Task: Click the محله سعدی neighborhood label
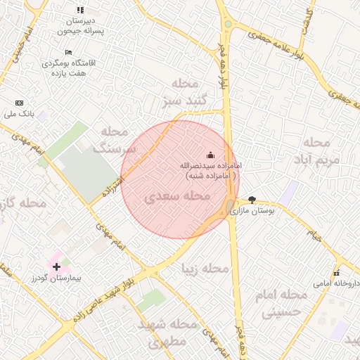click(x=178, y=198)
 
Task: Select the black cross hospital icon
click(x=56, y=266)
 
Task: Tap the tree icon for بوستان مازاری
click(x=252, y=200)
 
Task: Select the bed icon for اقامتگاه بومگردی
click(x=68, y=53)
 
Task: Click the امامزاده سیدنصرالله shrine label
click(x=209, y=170)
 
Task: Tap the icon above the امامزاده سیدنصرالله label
click(x=210, y=155)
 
